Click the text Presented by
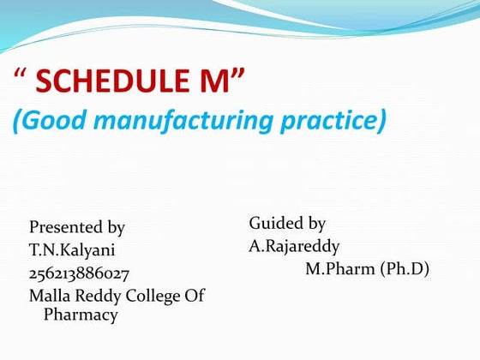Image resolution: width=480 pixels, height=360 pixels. (x=77, y=227)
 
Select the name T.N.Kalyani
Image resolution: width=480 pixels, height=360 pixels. (x=72, y=250)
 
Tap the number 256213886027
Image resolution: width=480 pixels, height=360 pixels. (x=79, y=273)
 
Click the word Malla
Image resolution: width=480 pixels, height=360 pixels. (x=48, y=296)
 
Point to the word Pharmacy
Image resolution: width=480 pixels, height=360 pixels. (x=80, y=315)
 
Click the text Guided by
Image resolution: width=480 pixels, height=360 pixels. (x=287, y=224)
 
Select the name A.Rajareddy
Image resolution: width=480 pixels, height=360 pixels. (x=294, y=247)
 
